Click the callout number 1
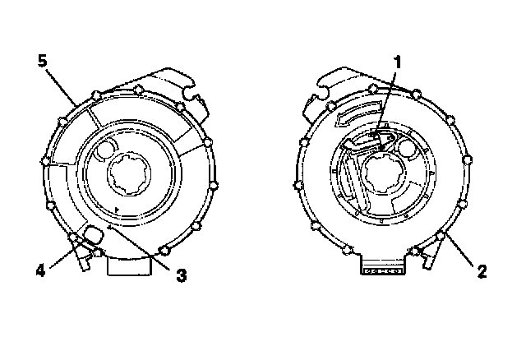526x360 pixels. pyautogui.click(x=397, y=61)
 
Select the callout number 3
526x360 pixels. pyautogui.click(x=182, y=276)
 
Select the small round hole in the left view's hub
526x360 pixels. pyautogui.click(x=106, y=151)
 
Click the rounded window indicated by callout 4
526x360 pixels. pyautogui.click(x=92, y=235)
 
